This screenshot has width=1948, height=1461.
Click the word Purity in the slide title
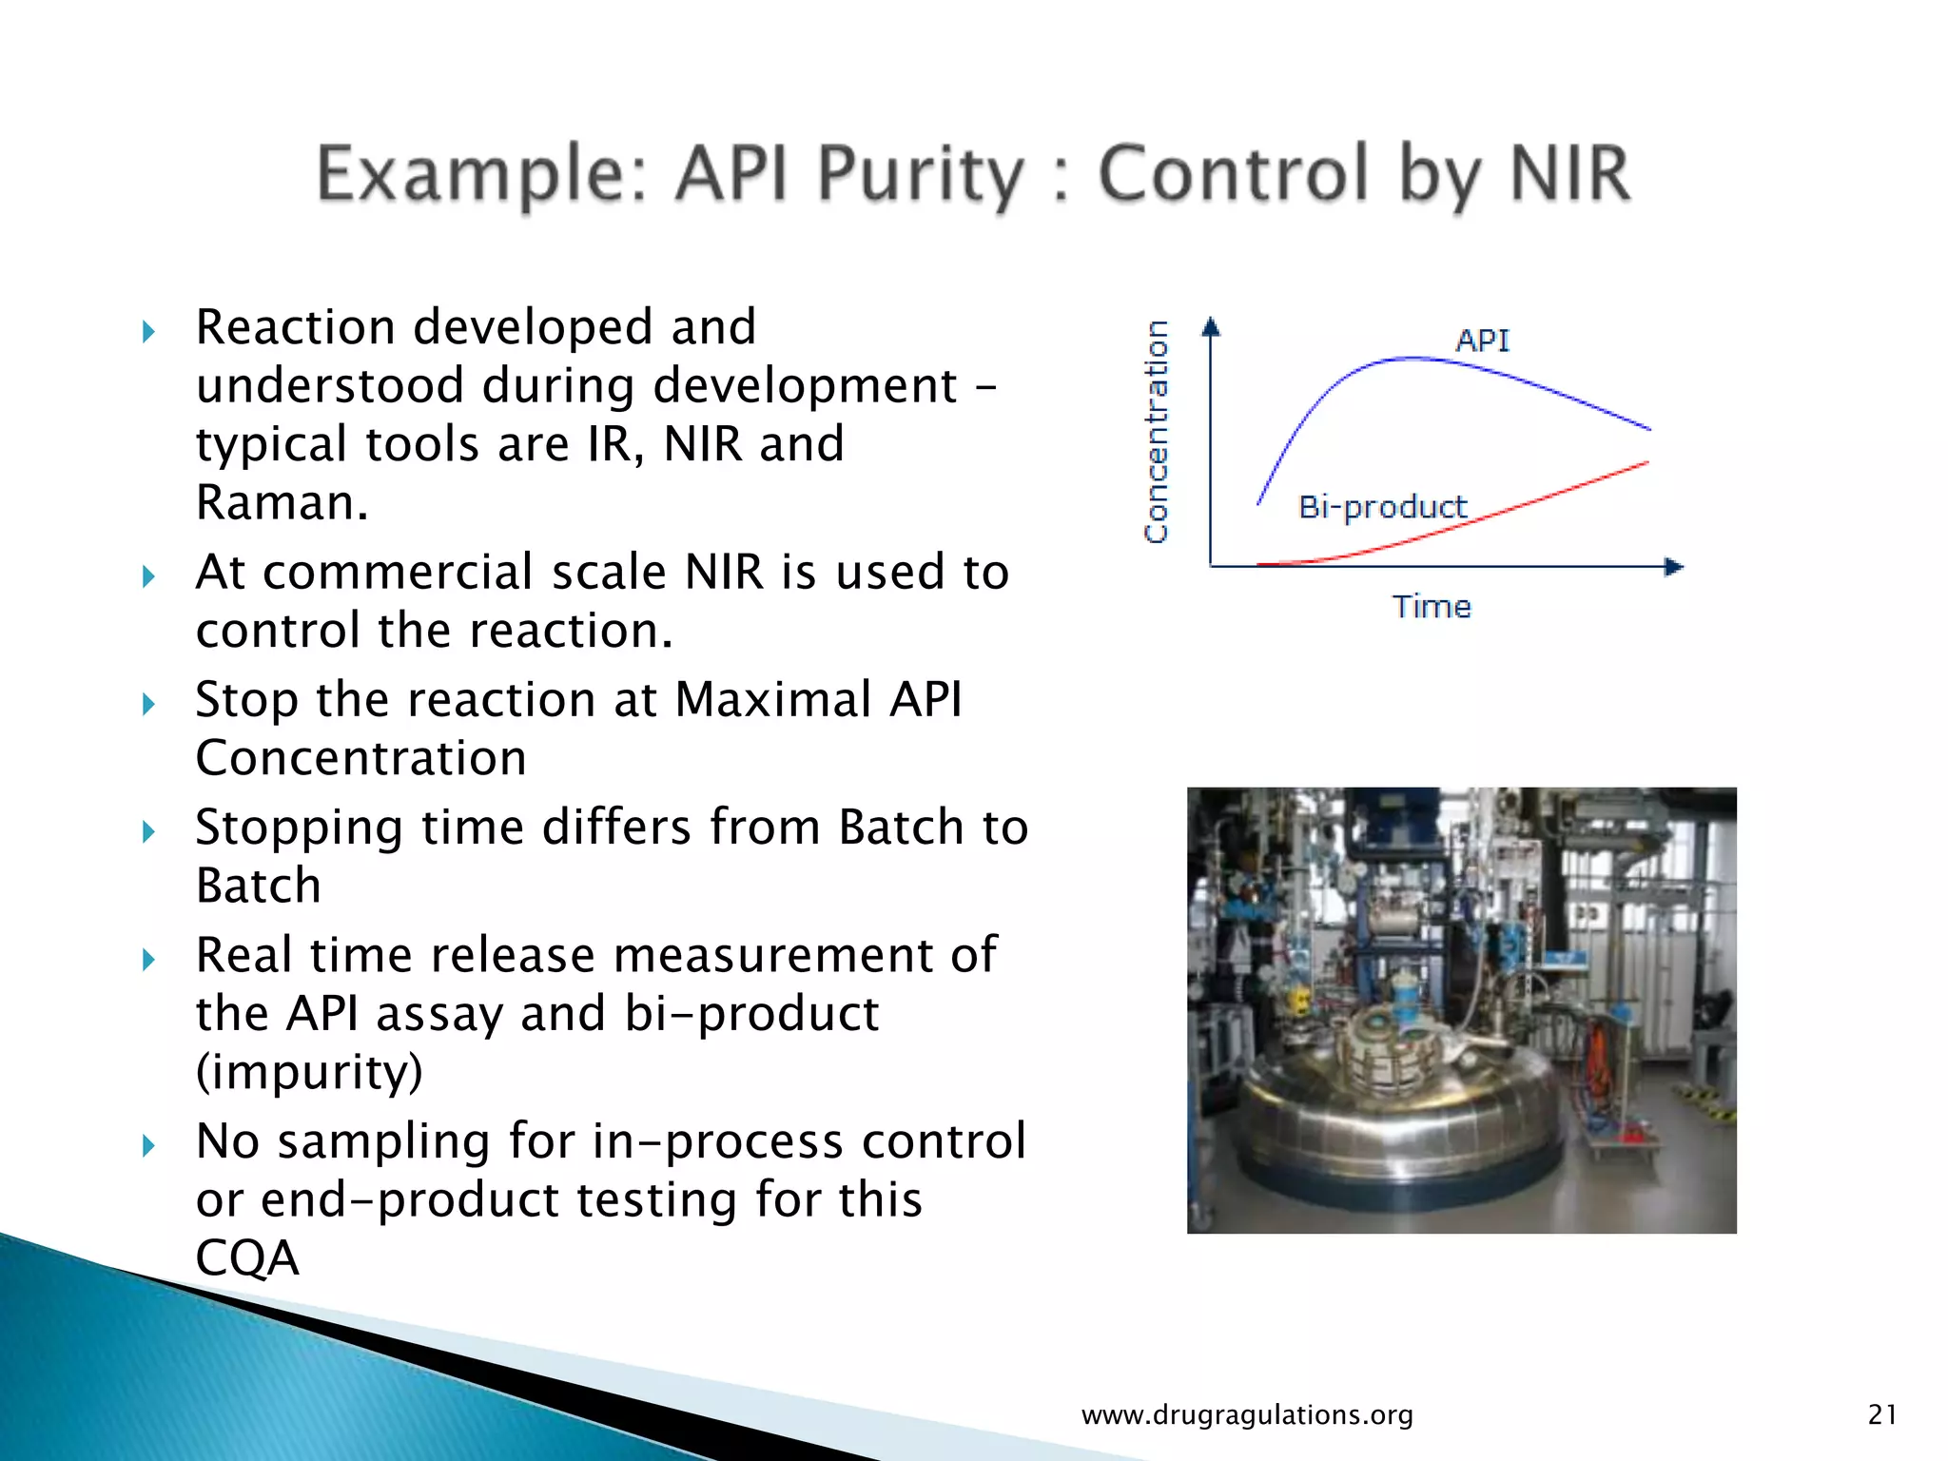pos(920,175)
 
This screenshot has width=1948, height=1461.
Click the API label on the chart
pos(1481,340)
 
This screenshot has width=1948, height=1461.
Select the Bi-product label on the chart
pos(1382,507)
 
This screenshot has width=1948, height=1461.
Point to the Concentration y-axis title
pos(1156,433)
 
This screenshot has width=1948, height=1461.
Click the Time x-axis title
pos(1431,607)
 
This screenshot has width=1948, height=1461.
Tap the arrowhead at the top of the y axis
pos(1210,327)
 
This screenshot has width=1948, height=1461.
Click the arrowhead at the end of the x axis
pos(1673,567)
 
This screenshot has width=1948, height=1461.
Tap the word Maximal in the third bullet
pos(773,699)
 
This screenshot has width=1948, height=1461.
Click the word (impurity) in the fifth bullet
pos(309,1072)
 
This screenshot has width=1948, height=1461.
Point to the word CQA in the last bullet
pos(247,1257)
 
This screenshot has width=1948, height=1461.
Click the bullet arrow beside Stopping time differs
pos(148,832)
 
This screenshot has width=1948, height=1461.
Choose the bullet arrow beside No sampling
pos(148,1145)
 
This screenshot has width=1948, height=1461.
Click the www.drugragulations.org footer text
pos(1247,1414)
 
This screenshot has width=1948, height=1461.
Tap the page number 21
pos(1881,1414)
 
